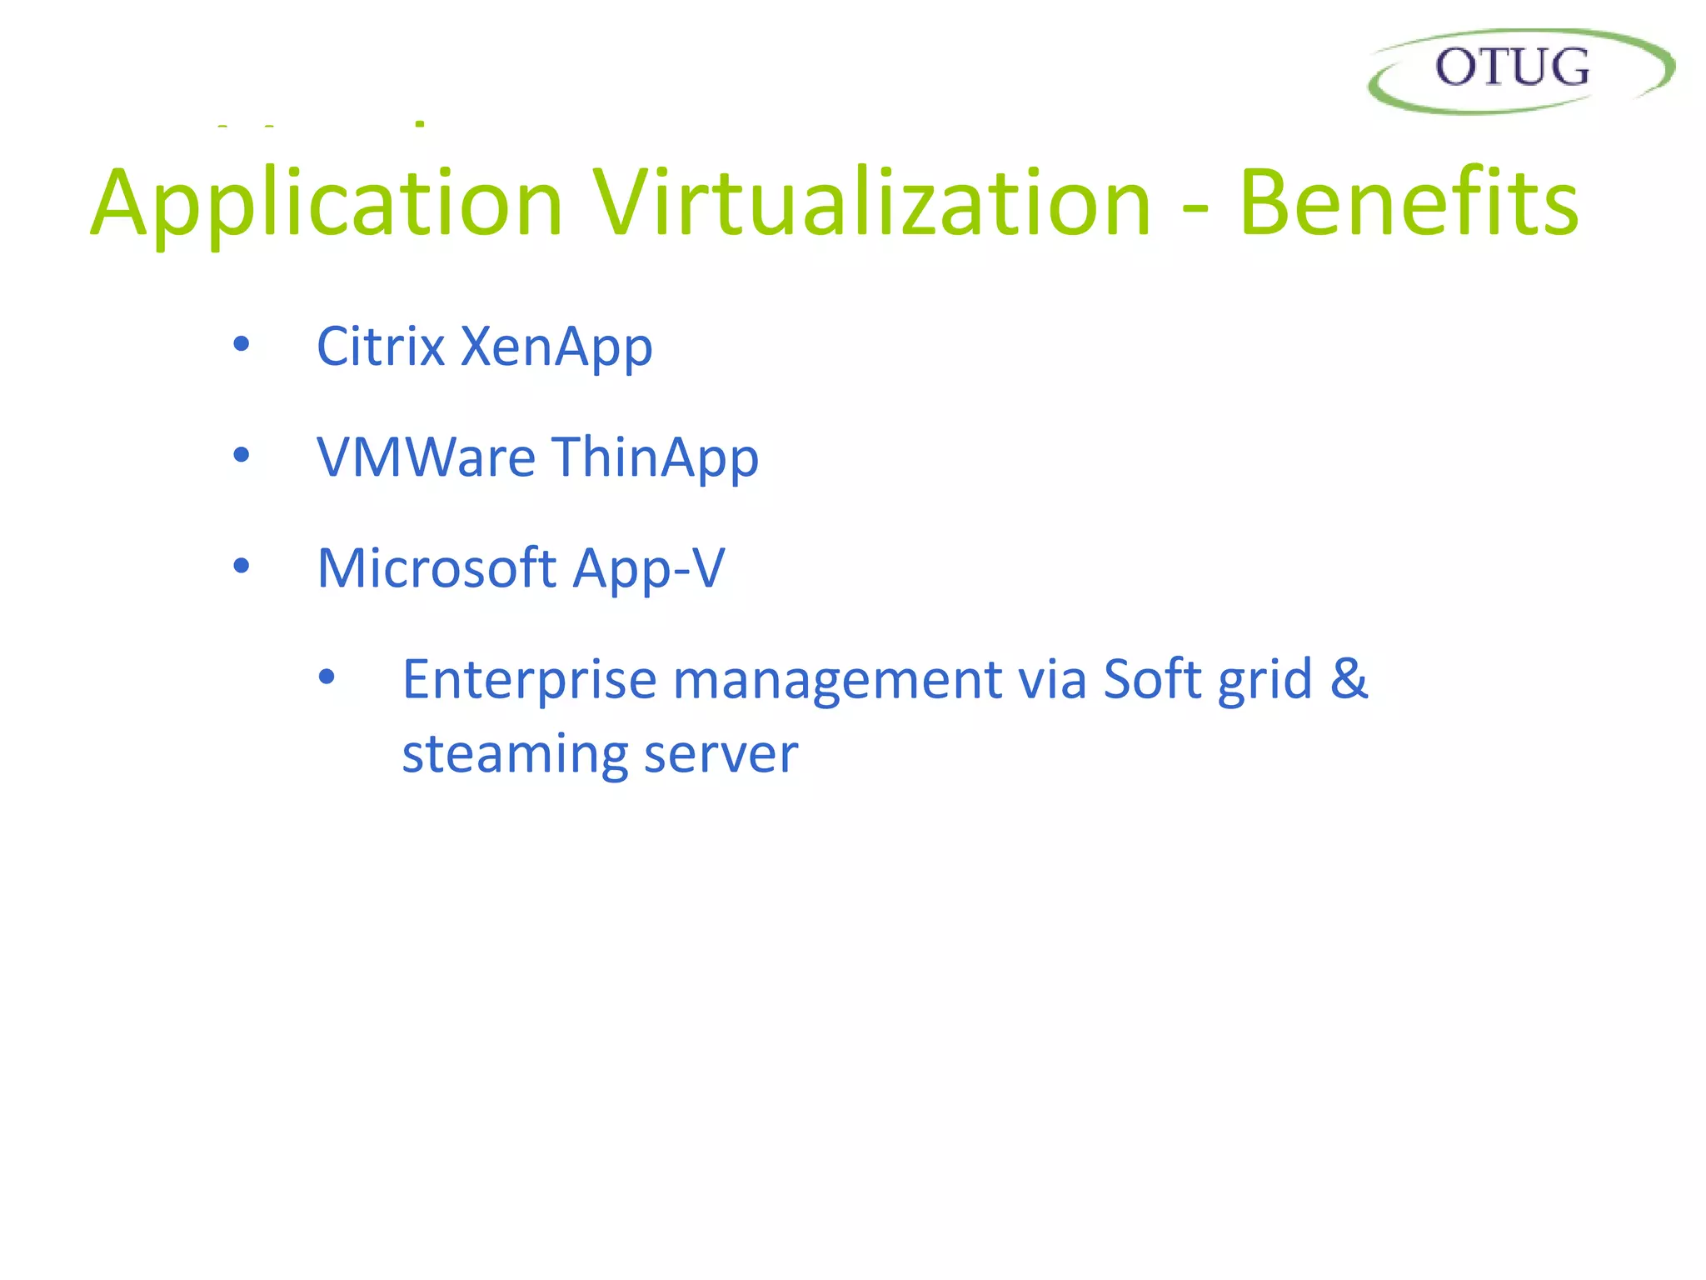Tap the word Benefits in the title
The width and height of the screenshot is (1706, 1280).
(1408, 203)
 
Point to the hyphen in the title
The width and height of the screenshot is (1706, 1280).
(1195, 208)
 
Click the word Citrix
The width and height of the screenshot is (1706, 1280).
(380, 346)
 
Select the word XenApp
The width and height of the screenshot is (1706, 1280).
(556, 347)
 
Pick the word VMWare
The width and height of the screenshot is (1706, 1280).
(426, 457)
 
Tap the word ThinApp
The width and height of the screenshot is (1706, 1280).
(656, 458)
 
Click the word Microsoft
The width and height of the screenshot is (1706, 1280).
(436, 568)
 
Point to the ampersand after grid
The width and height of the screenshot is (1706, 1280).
(1349, 678)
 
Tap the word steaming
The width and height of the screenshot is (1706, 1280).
(514, 755)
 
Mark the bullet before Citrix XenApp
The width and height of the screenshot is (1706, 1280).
(242, 343)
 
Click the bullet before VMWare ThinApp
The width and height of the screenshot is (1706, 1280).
(242, 455)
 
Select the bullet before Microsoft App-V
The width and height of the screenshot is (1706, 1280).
(242, 566)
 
